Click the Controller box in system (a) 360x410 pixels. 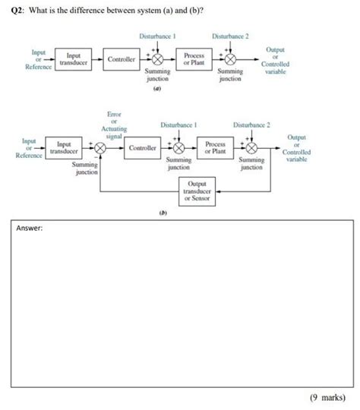[x=122, y=58]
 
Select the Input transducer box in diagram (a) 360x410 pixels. [x=74, y=59]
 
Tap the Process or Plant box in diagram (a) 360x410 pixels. [x=192, y=58]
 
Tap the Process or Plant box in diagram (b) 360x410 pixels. [x=214, y=147]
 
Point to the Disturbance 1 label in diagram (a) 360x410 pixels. [x=158, y=36]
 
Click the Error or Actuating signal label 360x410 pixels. [x=113, y=125]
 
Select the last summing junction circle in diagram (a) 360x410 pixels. [x=230, y=59]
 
